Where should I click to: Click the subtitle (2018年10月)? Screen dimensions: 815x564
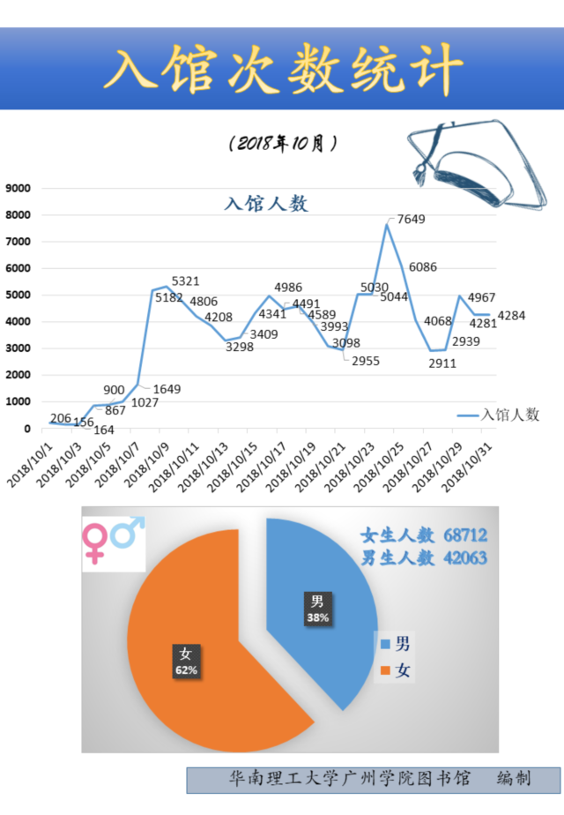282,143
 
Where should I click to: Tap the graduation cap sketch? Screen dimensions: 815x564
464,168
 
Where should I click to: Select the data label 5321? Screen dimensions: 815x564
185,281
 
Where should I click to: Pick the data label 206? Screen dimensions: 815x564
61,418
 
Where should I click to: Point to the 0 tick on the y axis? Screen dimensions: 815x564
27,429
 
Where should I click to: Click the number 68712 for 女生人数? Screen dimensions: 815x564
465,535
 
